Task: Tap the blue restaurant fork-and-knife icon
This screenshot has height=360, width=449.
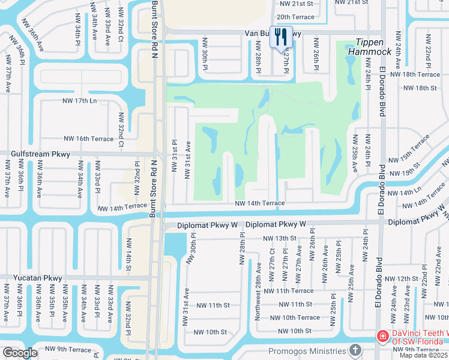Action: pos(281,37)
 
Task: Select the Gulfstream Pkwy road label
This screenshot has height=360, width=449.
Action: pos(40,154)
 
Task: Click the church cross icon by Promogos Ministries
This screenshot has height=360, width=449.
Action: pos(355,349)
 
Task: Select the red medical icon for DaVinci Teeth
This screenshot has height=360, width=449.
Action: pos(382,337)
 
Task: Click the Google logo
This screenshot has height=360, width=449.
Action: pos(20,353)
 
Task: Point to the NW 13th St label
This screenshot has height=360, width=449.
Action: pos(280,238)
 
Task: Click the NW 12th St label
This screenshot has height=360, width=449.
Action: pos(401,279)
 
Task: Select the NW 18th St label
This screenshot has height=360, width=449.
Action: pos(420,88)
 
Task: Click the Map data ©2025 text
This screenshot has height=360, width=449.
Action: pos(423,355)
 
